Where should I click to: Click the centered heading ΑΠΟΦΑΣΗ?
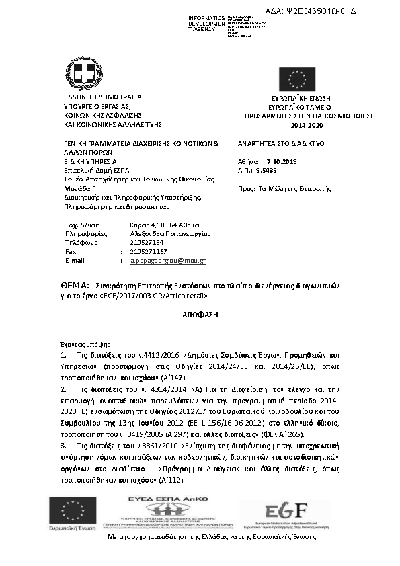(199, 314)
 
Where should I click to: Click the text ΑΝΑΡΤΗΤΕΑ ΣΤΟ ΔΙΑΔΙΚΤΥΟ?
(281, 144)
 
